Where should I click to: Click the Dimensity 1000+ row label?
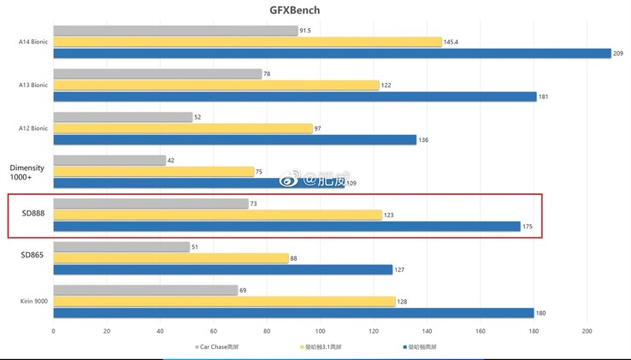click(x=27, y=172)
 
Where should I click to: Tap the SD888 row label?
click(x=32, y=214)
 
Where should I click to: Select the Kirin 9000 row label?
click(x=33, y=302)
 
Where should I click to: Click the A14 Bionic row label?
click(x=33, y=41)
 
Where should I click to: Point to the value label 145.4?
click(x=454, y=42)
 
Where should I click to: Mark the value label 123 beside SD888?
click(x=389, y=215)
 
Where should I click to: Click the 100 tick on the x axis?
click(x=320, y=331)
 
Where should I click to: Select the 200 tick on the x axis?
click(x=587, y=331)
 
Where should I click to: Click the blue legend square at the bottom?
click(x=403, y=347)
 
